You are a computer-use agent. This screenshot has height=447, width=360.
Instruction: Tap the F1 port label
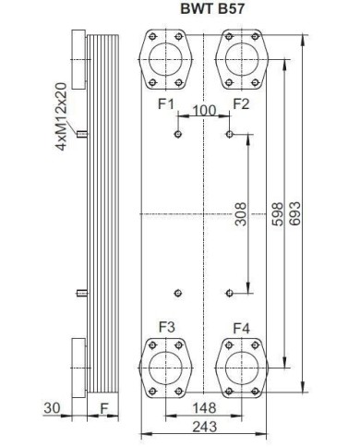tap(166, 103)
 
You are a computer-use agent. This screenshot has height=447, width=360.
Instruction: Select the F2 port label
tap(242, 103)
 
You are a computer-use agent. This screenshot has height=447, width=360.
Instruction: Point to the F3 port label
tap(166, 326)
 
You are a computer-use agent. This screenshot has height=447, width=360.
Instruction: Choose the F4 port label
tap(242, 327)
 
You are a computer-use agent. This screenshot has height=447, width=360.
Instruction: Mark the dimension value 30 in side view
tap(52, 406)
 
